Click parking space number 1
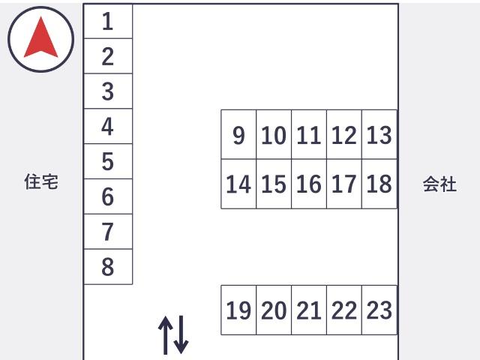tap(108, 21)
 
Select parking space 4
tap(108, 126)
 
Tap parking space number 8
tap(108, 267)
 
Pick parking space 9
tap(238, 134)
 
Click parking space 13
tap(379, 134)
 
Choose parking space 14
tap(238, 184)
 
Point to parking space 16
tap(309, 184)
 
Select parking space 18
tap(379, 184)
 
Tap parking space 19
tap(238, 310)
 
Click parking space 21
tap(309, 310)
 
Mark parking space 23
tap(379, 310)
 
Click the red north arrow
tap(41, 38)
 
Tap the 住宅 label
tap(41, 181)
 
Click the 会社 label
tap(439, 184)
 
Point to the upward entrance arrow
tap(165, 335)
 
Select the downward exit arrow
tap(181, 334)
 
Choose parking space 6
tap(108, 196)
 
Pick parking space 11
tap(309, 134)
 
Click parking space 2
tap(108, 56)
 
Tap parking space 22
tap(344, 310)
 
